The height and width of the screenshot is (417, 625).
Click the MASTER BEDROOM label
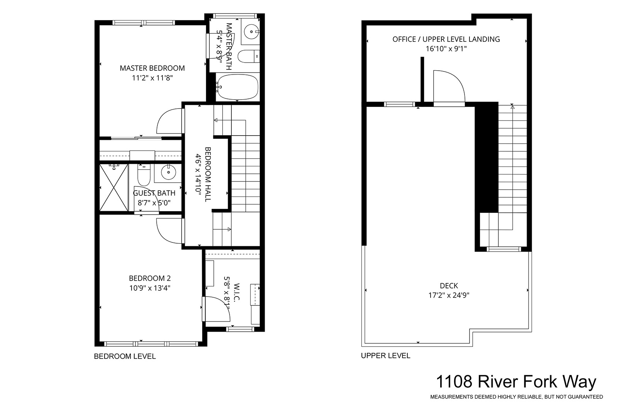click(x=152, y=68)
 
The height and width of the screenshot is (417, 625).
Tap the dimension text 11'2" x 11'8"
click(x=152, y=78)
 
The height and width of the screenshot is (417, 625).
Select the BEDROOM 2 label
click(x=150, y=278)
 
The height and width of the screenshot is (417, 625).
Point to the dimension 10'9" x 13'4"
click(x=150, y=288)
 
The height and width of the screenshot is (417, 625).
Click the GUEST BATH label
click(x=154, y=193)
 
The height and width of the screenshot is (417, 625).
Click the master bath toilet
click(x=248, y=56)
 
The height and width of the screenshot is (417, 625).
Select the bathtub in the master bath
click(x=237, y=87)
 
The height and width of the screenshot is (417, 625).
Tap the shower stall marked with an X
click(x=114, y=187)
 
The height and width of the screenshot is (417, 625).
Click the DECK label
click(x=449, y=286)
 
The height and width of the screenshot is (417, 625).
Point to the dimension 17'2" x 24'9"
click(x=449, y=295)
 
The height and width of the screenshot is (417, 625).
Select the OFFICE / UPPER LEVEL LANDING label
click(x=446, y=39)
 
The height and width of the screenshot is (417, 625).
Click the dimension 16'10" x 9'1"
click(x=446, y=49)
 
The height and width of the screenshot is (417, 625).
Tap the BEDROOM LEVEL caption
click(x=125, y=356)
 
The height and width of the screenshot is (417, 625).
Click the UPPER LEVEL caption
click(x=385, y=356)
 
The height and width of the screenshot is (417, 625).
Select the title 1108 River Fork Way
click(x=516, y=382)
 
